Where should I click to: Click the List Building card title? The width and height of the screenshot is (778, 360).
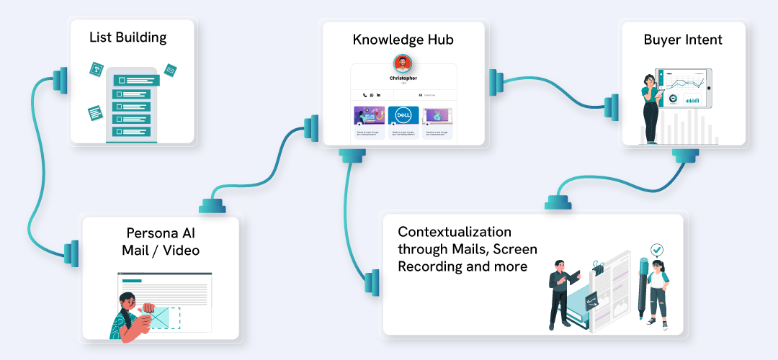pos(128,37)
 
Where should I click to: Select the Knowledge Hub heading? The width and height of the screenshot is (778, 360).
pos(403,40)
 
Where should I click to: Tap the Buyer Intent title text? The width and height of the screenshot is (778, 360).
pos(682,40)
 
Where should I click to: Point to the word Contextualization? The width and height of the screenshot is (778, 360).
pos(455,232)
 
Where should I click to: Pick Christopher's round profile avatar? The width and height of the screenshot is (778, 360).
pos(403,63)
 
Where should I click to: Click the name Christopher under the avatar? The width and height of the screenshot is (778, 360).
pos(403,78)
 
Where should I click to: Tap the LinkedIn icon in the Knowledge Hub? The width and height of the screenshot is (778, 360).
pos(379,95)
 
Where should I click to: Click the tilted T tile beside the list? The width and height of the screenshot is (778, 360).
pos(96,70)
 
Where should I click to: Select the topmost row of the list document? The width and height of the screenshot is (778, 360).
pos(133,81)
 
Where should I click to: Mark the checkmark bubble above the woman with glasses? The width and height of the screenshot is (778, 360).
pos(656,250)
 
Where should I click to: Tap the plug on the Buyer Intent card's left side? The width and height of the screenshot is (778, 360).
pos(612,107)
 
